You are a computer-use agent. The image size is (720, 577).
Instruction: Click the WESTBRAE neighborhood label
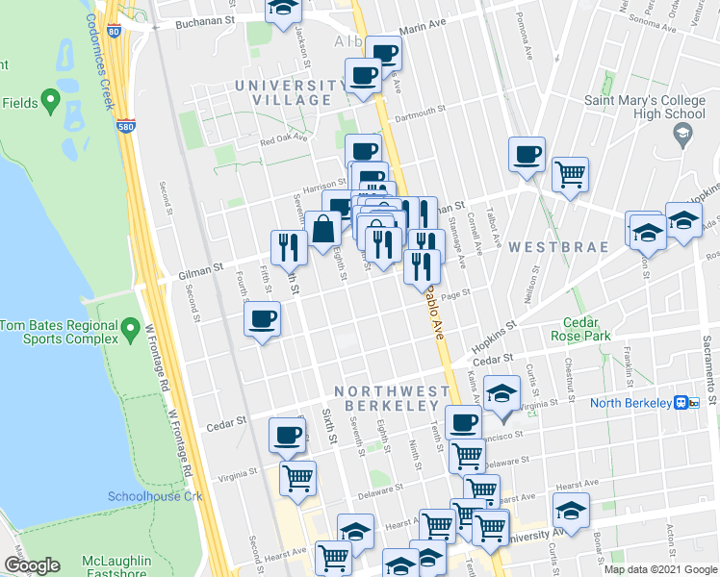(558, 247)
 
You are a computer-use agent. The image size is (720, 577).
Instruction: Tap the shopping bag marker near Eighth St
(324, 229)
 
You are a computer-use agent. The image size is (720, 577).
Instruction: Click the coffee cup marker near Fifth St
(263, 319)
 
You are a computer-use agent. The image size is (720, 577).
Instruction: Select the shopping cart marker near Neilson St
(570, 175)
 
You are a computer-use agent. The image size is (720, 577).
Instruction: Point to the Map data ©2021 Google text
(660, 569)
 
